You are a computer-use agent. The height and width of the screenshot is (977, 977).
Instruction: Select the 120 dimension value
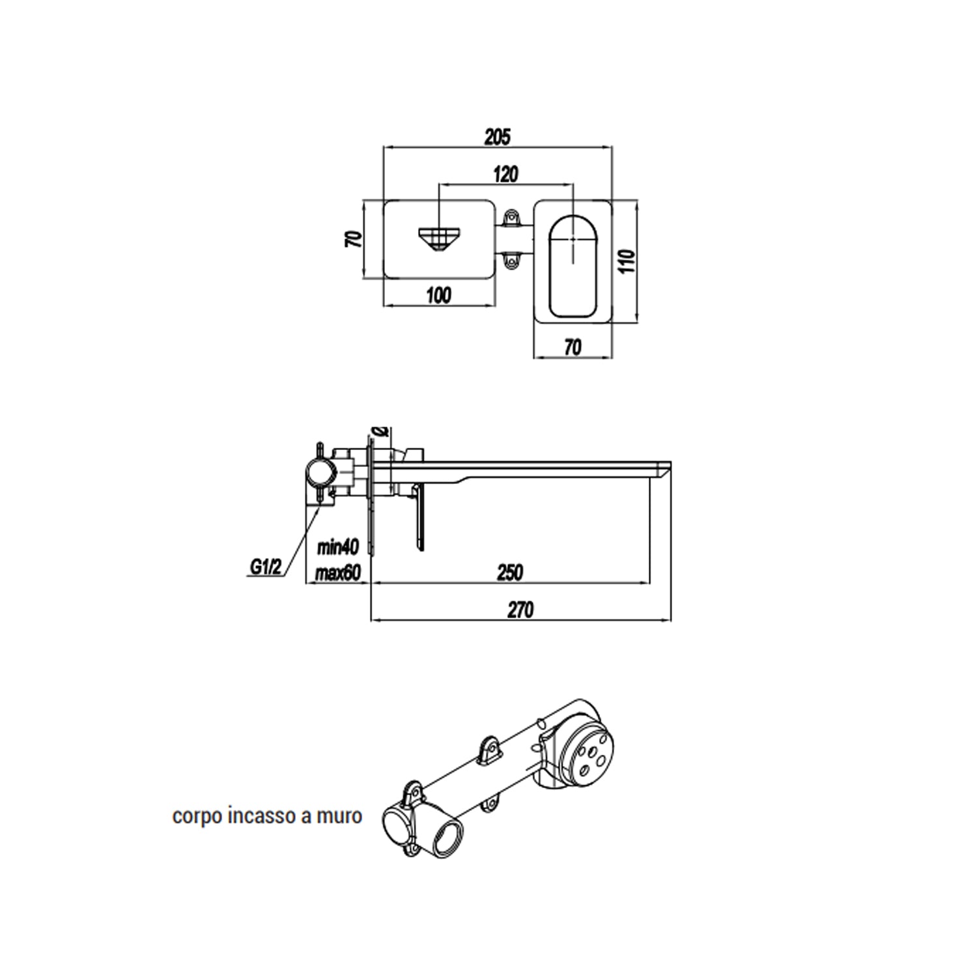pos(505,174)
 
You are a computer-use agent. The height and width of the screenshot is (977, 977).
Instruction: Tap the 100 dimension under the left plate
pos(438,295)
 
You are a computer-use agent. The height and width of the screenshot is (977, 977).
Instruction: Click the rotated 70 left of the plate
pos(353,239)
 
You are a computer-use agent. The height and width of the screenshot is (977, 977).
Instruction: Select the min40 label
pos(338,547)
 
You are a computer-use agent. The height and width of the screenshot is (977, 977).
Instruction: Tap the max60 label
pos(337,573)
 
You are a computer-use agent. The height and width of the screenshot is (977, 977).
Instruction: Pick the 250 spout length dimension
pos(510,572)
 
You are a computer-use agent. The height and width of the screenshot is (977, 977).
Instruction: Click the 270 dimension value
pos(520,610)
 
